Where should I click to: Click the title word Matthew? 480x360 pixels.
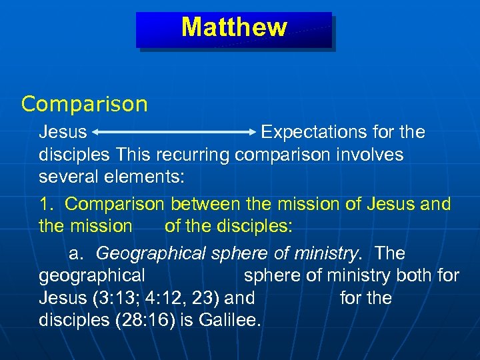(x=234, y=27)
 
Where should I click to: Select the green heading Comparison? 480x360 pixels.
(x=84, y=104)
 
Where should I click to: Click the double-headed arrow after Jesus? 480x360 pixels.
(x=173, y=132)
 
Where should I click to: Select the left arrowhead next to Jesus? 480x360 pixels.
(x=95, y=132)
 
